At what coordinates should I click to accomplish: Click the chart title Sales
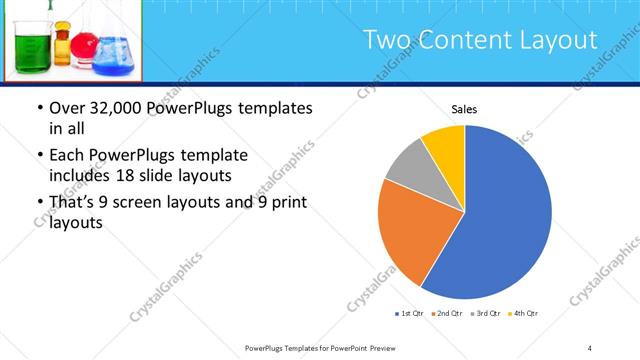(464, 108)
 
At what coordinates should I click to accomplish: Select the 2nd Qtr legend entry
(447, 314)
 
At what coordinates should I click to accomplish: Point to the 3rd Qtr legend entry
(485, 314)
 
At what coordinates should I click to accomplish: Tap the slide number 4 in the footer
(589, 347)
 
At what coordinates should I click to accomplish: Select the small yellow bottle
(64, 47)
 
